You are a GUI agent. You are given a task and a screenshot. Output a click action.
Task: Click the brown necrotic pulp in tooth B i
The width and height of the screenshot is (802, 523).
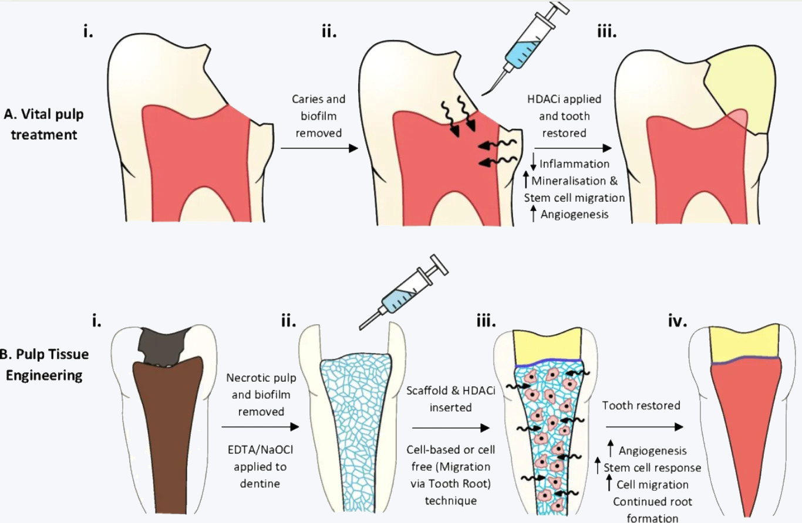[x=167, y=434]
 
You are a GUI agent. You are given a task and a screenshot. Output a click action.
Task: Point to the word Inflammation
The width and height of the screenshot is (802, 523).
[x=574, y=164]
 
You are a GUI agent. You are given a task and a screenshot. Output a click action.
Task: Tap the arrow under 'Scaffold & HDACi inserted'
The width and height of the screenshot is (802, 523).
[x=450, y=428]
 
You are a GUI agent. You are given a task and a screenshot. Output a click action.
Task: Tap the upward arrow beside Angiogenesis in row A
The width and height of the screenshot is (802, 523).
[x=533, y=213]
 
